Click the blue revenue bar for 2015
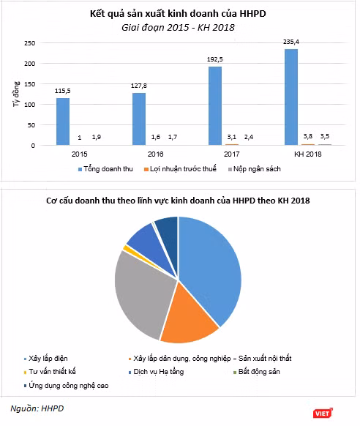coord(63,122)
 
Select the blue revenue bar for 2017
coord(215,105)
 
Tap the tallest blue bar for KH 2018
coord(291,97)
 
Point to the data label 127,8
coord(139,86)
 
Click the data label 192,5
coord(215,59)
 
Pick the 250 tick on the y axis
coord(29,43)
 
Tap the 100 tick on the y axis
coord(29,105)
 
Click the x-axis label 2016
coord(156,154)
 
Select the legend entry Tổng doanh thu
coord(105,169)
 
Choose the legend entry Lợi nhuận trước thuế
coord(180,169)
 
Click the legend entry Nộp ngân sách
coord(255,169)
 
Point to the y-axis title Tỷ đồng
coord(16,94)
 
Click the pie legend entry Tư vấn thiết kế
coord(50,372)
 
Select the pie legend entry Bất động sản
coord(257,372)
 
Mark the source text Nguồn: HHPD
coord(37,408)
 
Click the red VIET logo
coord(323,414)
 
